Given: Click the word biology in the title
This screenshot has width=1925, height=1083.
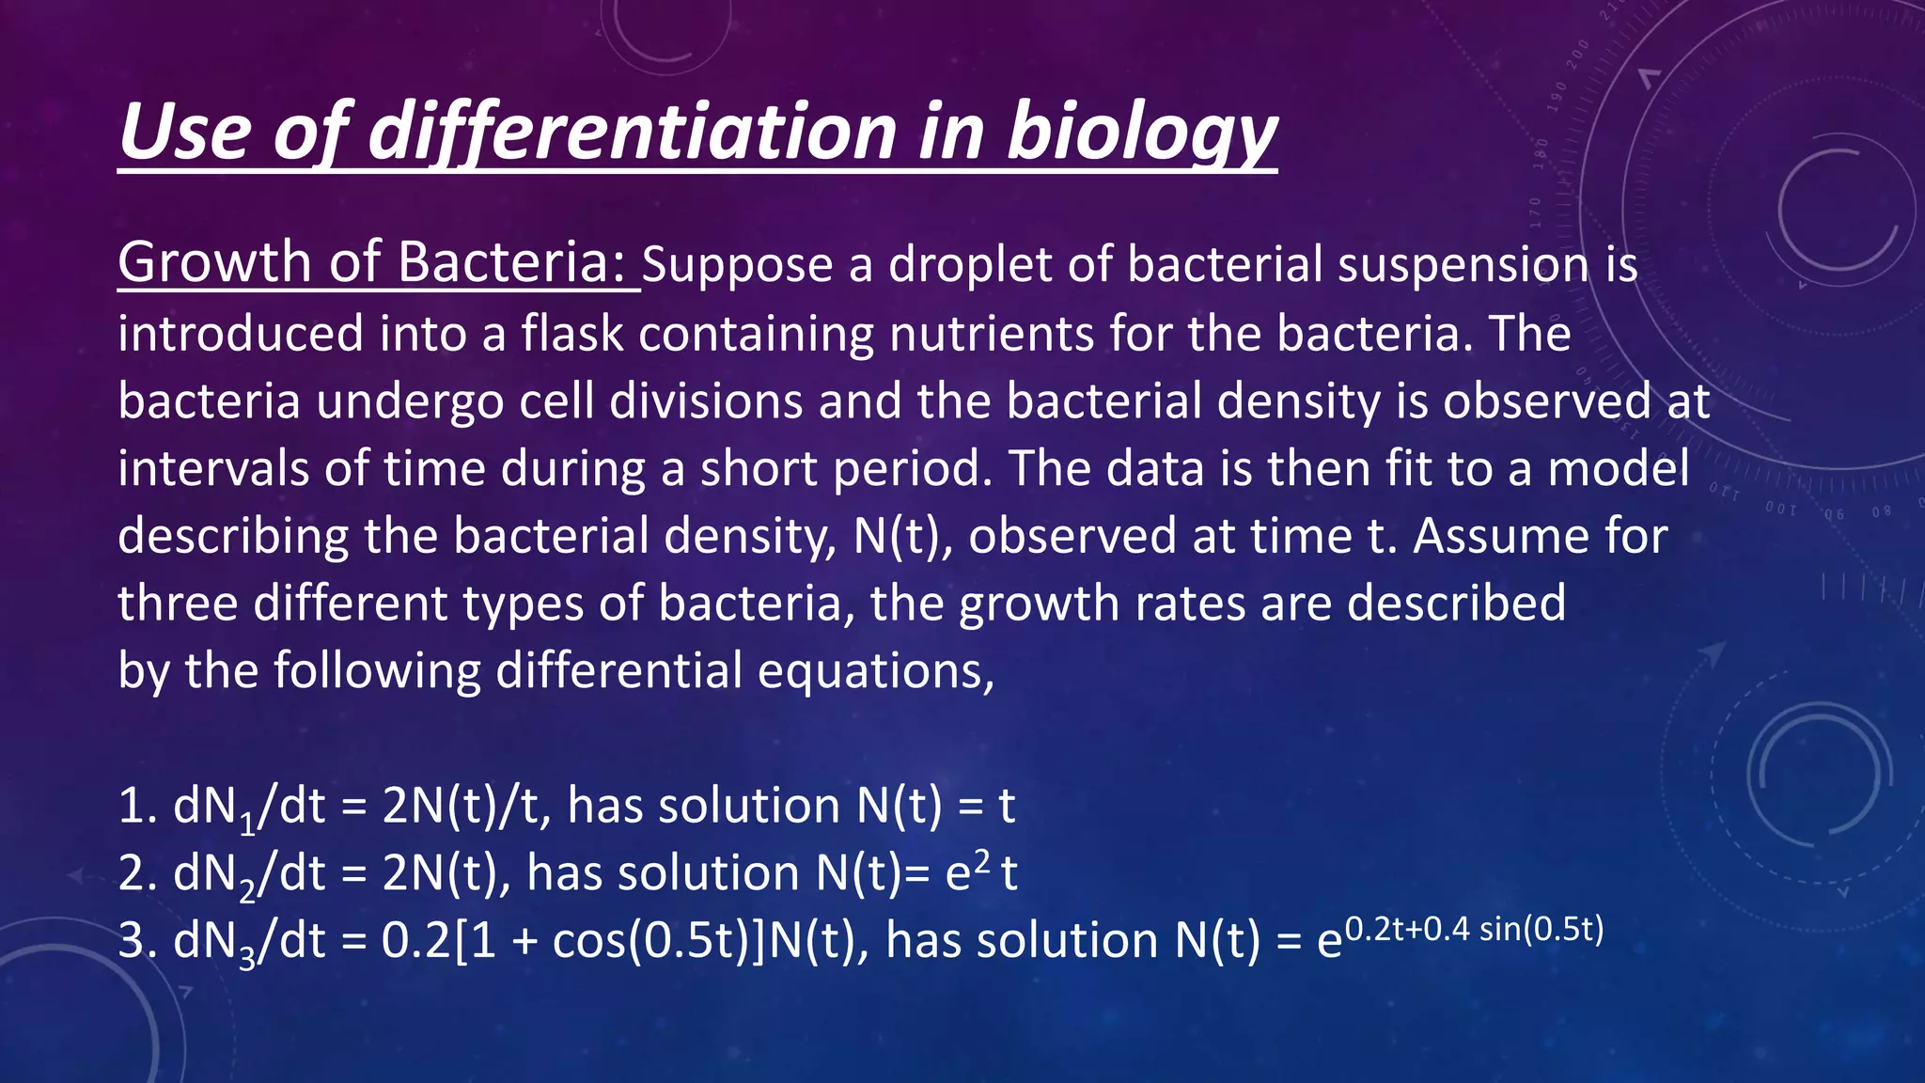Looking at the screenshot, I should click(x=1141, y=133).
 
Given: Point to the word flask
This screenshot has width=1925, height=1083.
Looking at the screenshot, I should click(x=572, y=335).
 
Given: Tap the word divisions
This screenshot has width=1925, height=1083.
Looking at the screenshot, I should click(x=706, y=401).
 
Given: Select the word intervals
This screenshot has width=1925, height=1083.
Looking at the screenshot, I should click(x=212, y=468).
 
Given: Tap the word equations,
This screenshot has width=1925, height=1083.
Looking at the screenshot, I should click(x=876, y=672).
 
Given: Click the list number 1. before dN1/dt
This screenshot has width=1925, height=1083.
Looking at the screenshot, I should click(x=137, y=807).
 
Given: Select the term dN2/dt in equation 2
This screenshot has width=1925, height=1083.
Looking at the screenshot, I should click(x=249, y=874).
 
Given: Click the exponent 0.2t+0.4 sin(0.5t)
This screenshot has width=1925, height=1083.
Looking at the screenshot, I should click(x=1473, y=930).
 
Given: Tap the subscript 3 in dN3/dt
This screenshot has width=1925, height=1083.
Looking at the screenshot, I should click(x=247, y=959).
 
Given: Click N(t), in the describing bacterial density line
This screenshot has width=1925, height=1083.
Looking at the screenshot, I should click(x=902, y=536).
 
